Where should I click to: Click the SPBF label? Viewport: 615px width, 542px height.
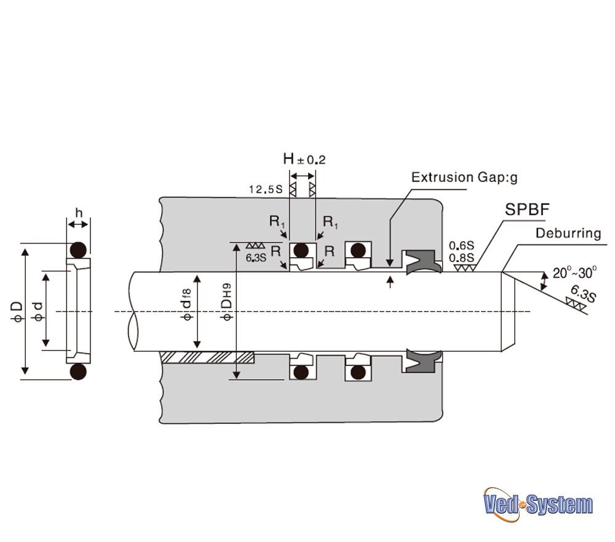[527, 209]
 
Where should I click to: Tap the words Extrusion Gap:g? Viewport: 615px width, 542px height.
[464, 177]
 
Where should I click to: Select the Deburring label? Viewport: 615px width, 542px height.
[568, 233]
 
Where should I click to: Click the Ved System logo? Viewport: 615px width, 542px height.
[538, 504]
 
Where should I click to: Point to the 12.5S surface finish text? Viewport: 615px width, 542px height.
[266, 189]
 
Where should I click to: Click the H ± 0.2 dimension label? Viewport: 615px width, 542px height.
[304, 159]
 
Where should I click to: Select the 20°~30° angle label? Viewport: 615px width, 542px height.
[574, 273]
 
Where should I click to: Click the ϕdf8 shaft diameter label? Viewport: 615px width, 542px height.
[187, 304]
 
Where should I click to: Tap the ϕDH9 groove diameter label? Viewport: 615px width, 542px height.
[226, 301]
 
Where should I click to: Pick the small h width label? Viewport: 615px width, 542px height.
[79, 213]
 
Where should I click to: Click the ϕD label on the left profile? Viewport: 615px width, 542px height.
[17, 311]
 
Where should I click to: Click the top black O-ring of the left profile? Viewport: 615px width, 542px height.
[79, 250]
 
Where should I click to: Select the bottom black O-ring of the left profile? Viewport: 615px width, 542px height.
[79, 371]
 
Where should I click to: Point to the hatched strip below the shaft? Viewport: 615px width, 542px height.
[207, 357]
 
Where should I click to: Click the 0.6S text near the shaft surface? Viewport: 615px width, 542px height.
[461, 245]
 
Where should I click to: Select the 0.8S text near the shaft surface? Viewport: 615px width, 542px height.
[461, 258]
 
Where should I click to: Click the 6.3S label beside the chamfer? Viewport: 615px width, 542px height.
[583, 293]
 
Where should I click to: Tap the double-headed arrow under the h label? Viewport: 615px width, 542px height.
[79, 225]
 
